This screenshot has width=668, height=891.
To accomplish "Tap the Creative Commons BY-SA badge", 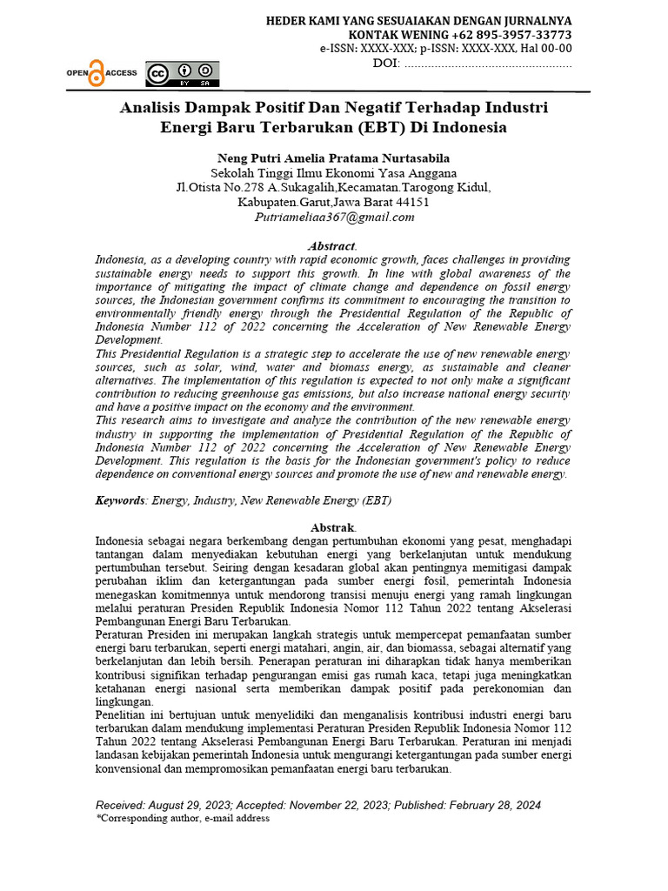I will (183, 74).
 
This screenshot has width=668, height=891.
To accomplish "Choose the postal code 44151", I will (411, 202).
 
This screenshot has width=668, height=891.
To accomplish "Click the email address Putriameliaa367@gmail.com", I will (334, 217).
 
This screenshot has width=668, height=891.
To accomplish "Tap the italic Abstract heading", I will (332, 246).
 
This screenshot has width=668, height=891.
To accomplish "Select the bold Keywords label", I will (121, 500).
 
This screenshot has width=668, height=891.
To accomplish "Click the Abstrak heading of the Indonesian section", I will (333, 527).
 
